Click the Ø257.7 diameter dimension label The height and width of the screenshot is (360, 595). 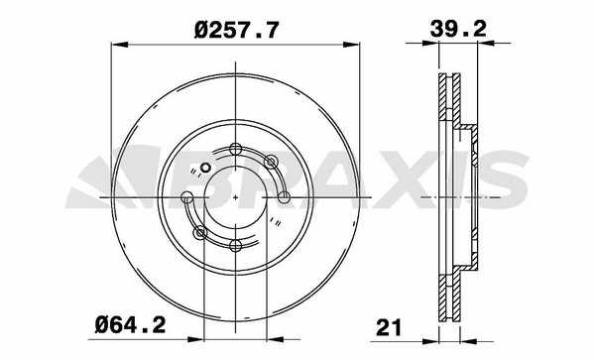tap(236, 30)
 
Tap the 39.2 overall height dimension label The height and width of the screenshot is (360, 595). tap(458, 28)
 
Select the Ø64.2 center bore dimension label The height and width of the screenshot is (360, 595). tap(130, 324)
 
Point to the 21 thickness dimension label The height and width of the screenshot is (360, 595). tap(388, 327)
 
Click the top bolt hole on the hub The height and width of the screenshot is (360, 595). tap(236, 149)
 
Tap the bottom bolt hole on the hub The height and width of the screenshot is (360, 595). tap(236, 246)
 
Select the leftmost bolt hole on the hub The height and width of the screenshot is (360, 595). tap(186, 197)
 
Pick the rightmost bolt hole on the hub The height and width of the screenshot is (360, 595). tap(284, 197)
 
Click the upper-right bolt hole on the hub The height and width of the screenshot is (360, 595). tap(271, 162)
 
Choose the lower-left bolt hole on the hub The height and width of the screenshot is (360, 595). tap(200, 232)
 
